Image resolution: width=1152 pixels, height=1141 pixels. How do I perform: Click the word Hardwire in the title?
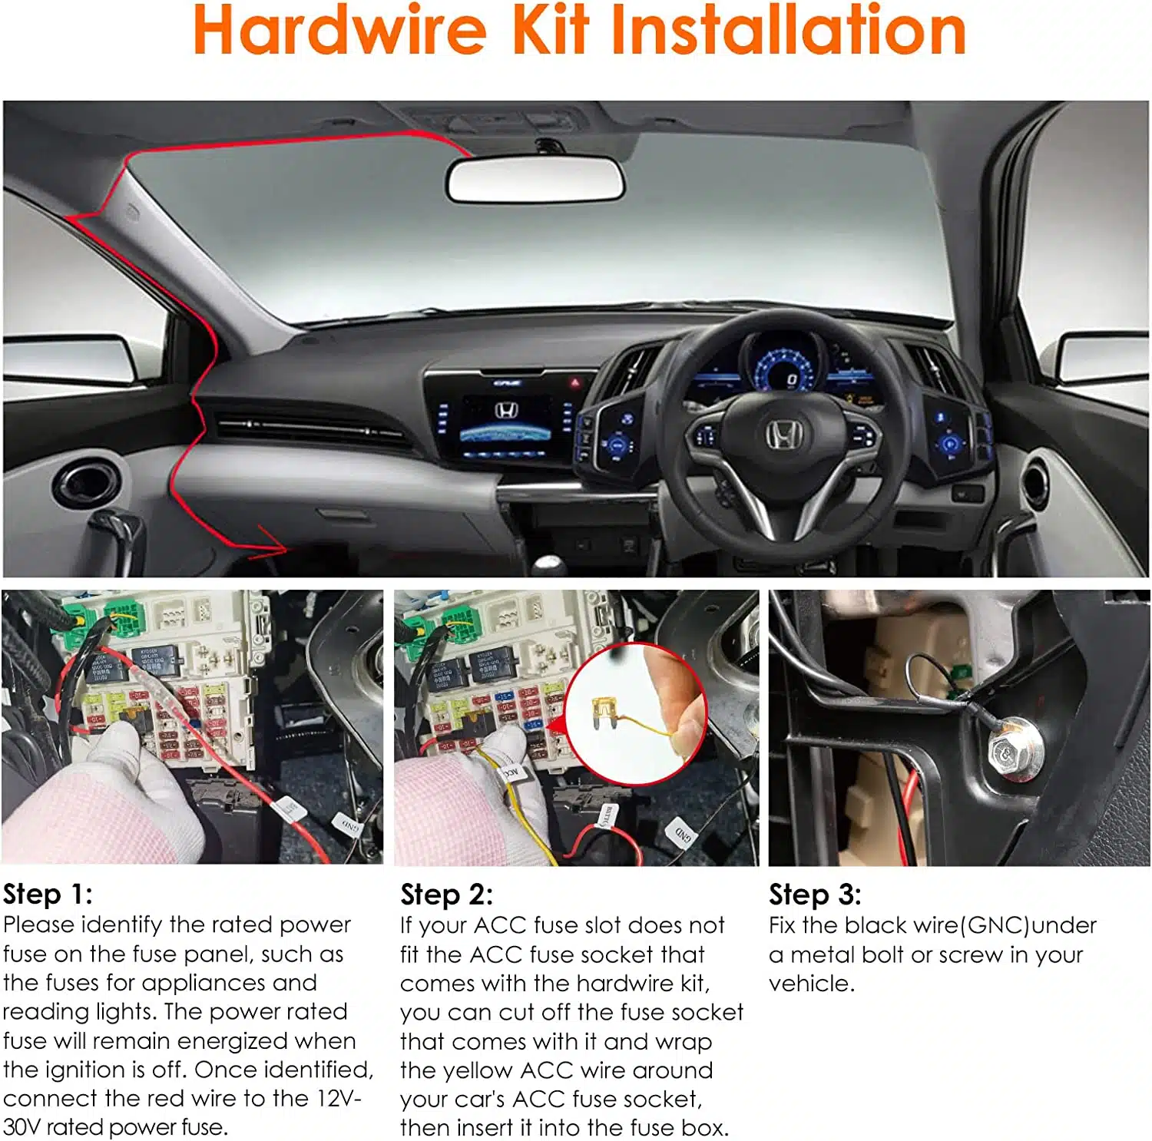(339, 31)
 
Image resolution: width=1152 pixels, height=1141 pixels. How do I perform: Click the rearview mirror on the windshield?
(535, 181)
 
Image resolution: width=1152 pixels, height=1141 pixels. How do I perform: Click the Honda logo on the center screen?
(505, 411)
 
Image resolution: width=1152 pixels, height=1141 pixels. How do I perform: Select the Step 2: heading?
(446, 895)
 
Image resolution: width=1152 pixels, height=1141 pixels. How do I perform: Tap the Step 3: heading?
(815, 895)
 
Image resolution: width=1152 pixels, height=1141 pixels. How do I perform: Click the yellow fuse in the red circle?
(604, 711)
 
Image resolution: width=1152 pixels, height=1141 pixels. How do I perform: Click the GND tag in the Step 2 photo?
(683, 832)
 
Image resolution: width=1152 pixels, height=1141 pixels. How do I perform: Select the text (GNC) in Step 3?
(995, 925)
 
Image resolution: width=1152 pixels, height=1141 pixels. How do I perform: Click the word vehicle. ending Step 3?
(811, 984)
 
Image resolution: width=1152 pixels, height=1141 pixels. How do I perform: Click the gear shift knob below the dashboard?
(549, 567)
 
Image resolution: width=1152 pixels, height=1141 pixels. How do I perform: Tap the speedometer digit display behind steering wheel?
(791, 379)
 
